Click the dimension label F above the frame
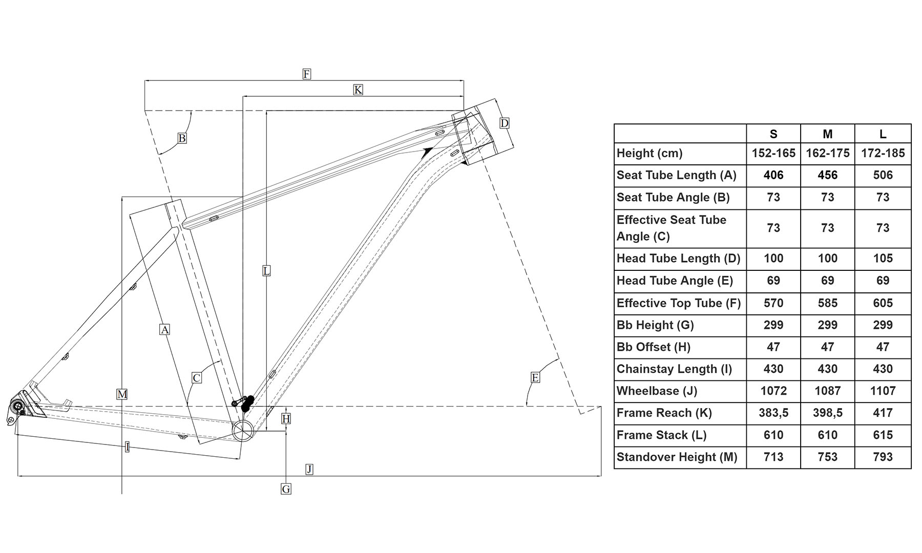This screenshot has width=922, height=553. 306,74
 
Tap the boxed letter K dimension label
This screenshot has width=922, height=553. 358,90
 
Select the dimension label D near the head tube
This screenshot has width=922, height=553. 505,123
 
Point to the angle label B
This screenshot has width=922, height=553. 182,138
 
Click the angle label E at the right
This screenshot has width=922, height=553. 535,378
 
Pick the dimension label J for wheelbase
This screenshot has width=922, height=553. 309,469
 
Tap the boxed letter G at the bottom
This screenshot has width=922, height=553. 286,489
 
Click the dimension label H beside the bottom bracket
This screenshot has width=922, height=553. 286,419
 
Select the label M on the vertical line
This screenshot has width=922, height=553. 122,394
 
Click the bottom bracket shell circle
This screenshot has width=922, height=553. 243,431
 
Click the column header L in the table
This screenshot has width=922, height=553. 883,134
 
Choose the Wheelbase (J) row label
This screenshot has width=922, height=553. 657,391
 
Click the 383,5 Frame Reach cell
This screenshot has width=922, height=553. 773,413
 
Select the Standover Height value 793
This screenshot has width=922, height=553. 883,457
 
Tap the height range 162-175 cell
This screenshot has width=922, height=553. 827,153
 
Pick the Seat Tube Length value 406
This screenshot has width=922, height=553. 773,175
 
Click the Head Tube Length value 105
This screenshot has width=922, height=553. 883,259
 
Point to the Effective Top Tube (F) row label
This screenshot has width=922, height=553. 678,303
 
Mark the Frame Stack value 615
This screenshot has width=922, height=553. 883,435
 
